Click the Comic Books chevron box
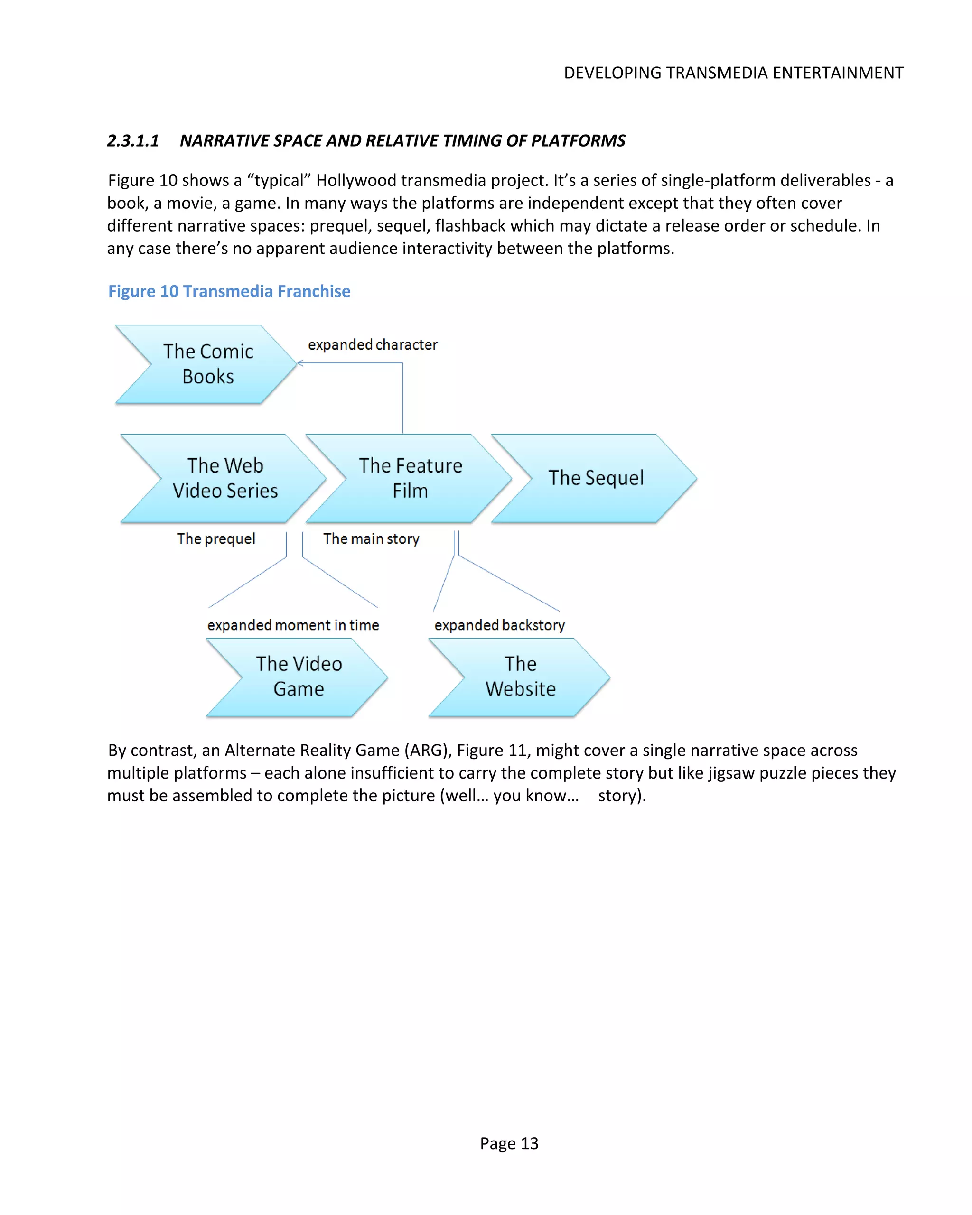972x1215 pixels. pyautogui.click(x=207, y=364)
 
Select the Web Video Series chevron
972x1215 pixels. pyautogui.click(x=225, y=478)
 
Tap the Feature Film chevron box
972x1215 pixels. pyautogui.click(x=410, y=478)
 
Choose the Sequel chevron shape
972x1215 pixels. pyautogui.click(x=595, y=478)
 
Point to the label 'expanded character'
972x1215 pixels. pyautogui.click(x=372, y=345)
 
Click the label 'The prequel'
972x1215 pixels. pyautogui.click(x=216, y=539)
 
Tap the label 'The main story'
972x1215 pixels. pyautogui.click(x=371, y=539)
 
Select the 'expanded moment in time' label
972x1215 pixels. pyautogui.click(x=293, y=625)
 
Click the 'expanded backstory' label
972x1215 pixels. pyautogui.click(x=499, y=625)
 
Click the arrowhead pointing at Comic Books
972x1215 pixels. pyautogui.click(x=300, y=363)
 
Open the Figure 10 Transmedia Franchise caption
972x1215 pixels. pyautogui.click(x=229, y=291)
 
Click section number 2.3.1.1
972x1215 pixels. pyautogui.click(x=133, y=141)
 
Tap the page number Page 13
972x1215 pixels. pyautogui.click(x=509, y=1143)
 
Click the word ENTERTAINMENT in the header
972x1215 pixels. pyautogui.click(x=838, y=73)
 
